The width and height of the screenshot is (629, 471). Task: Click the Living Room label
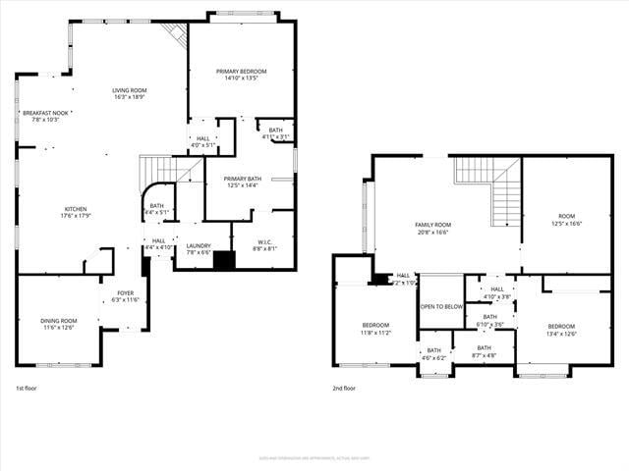(130, 93)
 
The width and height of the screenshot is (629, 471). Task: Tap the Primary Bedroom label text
(241, 75)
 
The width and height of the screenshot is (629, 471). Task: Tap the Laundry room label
(199, 248)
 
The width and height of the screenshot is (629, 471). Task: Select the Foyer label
(126, 295)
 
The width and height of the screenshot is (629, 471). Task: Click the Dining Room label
(58, 324)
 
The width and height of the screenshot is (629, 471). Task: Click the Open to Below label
(441, 306)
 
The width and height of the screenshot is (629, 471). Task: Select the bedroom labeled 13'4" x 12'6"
(561, 330)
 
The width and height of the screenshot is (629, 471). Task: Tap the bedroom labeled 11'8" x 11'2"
(375, 329)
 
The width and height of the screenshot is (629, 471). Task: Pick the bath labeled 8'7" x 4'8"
(485, 350)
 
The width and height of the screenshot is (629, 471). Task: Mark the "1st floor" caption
(27, 388)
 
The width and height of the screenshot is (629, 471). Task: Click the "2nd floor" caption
(344, 388)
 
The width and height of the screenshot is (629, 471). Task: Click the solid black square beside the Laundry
(225, 261)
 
